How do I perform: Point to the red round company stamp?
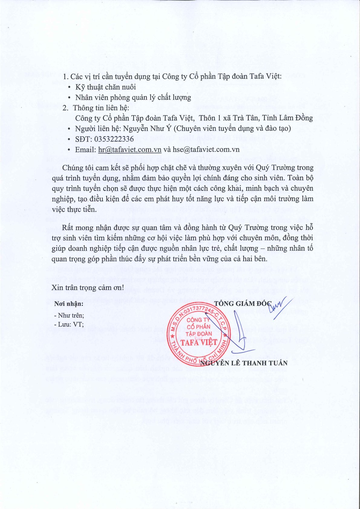click(x=199, y=334)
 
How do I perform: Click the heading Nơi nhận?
click(x=68, y=304)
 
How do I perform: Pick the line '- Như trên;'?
click(x=69, y=315)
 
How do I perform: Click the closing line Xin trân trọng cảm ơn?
click(x=88, y=287)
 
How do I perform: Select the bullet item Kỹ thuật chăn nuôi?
click(x=106, y=87)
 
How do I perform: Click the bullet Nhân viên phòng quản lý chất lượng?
click(x=133, y=97)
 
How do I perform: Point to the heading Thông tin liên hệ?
click(x=101, y=108)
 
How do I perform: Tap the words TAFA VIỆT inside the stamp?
click(x=199, y=342)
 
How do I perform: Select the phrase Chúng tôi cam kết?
click(x=88, y=168)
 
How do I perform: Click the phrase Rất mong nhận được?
click(x=91, y=227)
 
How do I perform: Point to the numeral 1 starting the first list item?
click(x=64, y=77)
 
